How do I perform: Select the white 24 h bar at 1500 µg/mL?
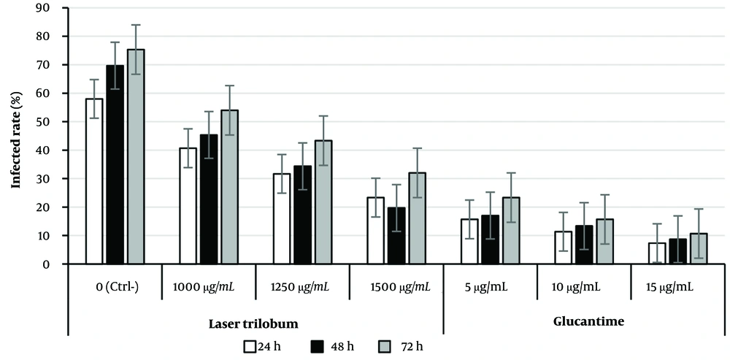point(375,231)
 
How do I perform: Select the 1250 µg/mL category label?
point(302,287)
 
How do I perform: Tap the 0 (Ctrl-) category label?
point(115,287)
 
